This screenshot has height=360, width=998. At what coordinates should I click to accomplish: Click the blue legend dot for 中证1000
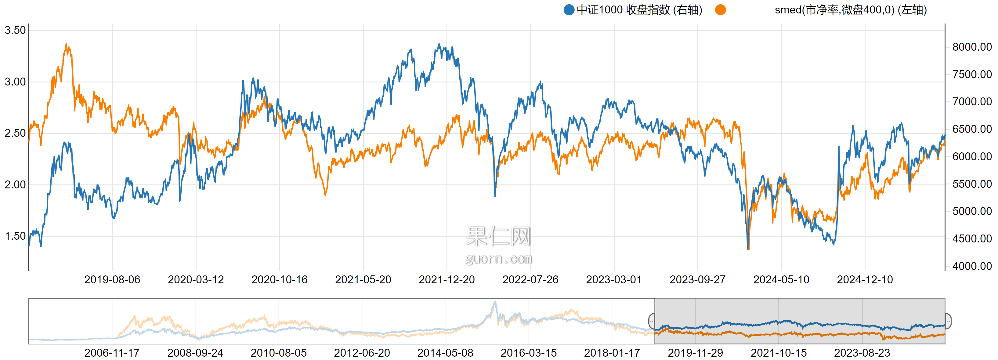coord(569,10)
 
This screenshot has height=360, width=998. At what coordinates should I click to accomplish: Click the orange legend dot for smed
coord(720,10)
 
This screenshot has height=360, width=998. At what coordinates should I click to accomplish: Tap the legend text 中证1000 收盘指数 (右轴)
coord(639,10)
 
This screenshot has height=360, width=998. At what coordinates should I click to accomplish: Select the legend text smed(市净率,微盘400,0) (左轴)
coord(850,10)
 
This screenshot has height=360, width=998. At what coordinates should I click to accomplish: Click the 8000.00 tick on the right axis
coord(972,47)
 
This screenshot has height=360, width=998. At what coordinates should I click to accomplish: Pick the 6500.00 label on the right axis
coord(972,129)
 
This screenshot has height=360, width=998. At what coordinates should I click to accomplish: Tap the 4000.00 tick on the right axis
coord(972,266)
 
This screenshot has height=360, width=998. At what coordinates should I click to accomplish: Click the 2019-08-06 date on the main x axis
coord(112,279)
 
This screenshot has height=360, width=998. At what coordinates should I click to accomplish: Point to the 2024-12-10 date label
coord(864,279)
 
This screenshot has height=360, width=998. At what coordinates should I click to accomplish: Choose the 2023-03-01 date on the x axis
coord(614,279)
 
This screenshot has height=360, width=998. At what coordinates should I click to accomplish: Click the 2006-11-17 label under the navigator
coord(112,353)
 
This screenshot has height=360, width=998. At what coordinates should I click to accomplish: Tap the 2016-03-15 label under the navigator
coord(528,353)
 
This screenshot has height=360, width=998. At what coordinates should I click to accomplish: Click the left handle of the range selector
coord(652,321)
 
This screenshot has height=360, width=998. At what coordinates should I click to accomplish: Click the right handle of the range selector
coord(948,321)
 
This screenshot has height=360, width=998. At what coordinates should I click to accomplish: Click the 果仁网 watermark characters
coord(498,236)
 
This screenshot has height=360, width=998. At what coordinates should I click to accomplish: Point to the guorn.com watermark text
coord(499,258)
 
